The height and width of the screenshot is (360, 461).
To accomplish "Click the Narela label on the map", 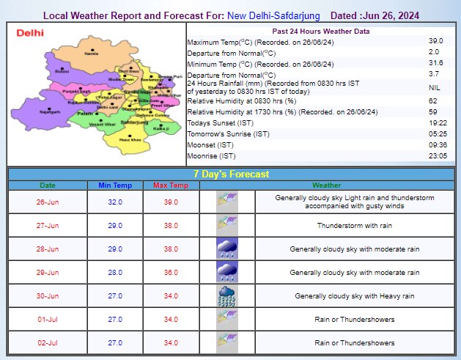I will [92, 54].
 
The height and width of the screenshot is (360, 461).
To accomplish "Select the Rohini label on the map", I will [62, 71].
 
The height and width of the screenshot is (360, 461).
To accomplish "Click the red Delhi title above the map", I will [30, 33].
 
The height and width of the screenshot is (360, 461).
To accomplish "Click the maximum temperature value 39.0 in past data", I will [435, 41].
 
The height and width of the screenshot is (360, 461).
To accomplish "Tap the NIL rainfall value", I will [435, 87].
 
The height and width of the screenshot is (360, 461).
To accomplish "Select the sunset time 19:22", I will [435, 122].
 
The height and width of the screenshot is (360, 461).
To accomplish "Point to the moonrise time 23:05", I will [435, 156].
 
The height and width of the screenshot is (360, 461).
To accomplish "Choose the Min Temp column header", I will [114, 185].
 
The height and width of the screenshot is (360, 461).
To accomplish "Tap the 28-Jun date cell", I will [47, 249].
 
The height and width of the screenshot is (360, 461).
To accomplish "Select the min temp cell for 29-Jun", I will [114, 273].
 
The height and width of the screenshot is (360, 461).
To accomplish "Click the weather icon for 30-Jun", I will [226, 296].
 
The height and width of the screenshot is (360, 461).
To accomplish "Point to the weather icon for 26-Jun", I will [226, 202].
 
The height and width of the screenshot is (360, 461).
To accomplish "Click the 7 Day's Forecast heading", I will [230, 175].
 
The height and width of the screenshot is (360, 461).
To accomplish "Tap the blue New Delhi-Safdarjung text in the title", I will [269, 15].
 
